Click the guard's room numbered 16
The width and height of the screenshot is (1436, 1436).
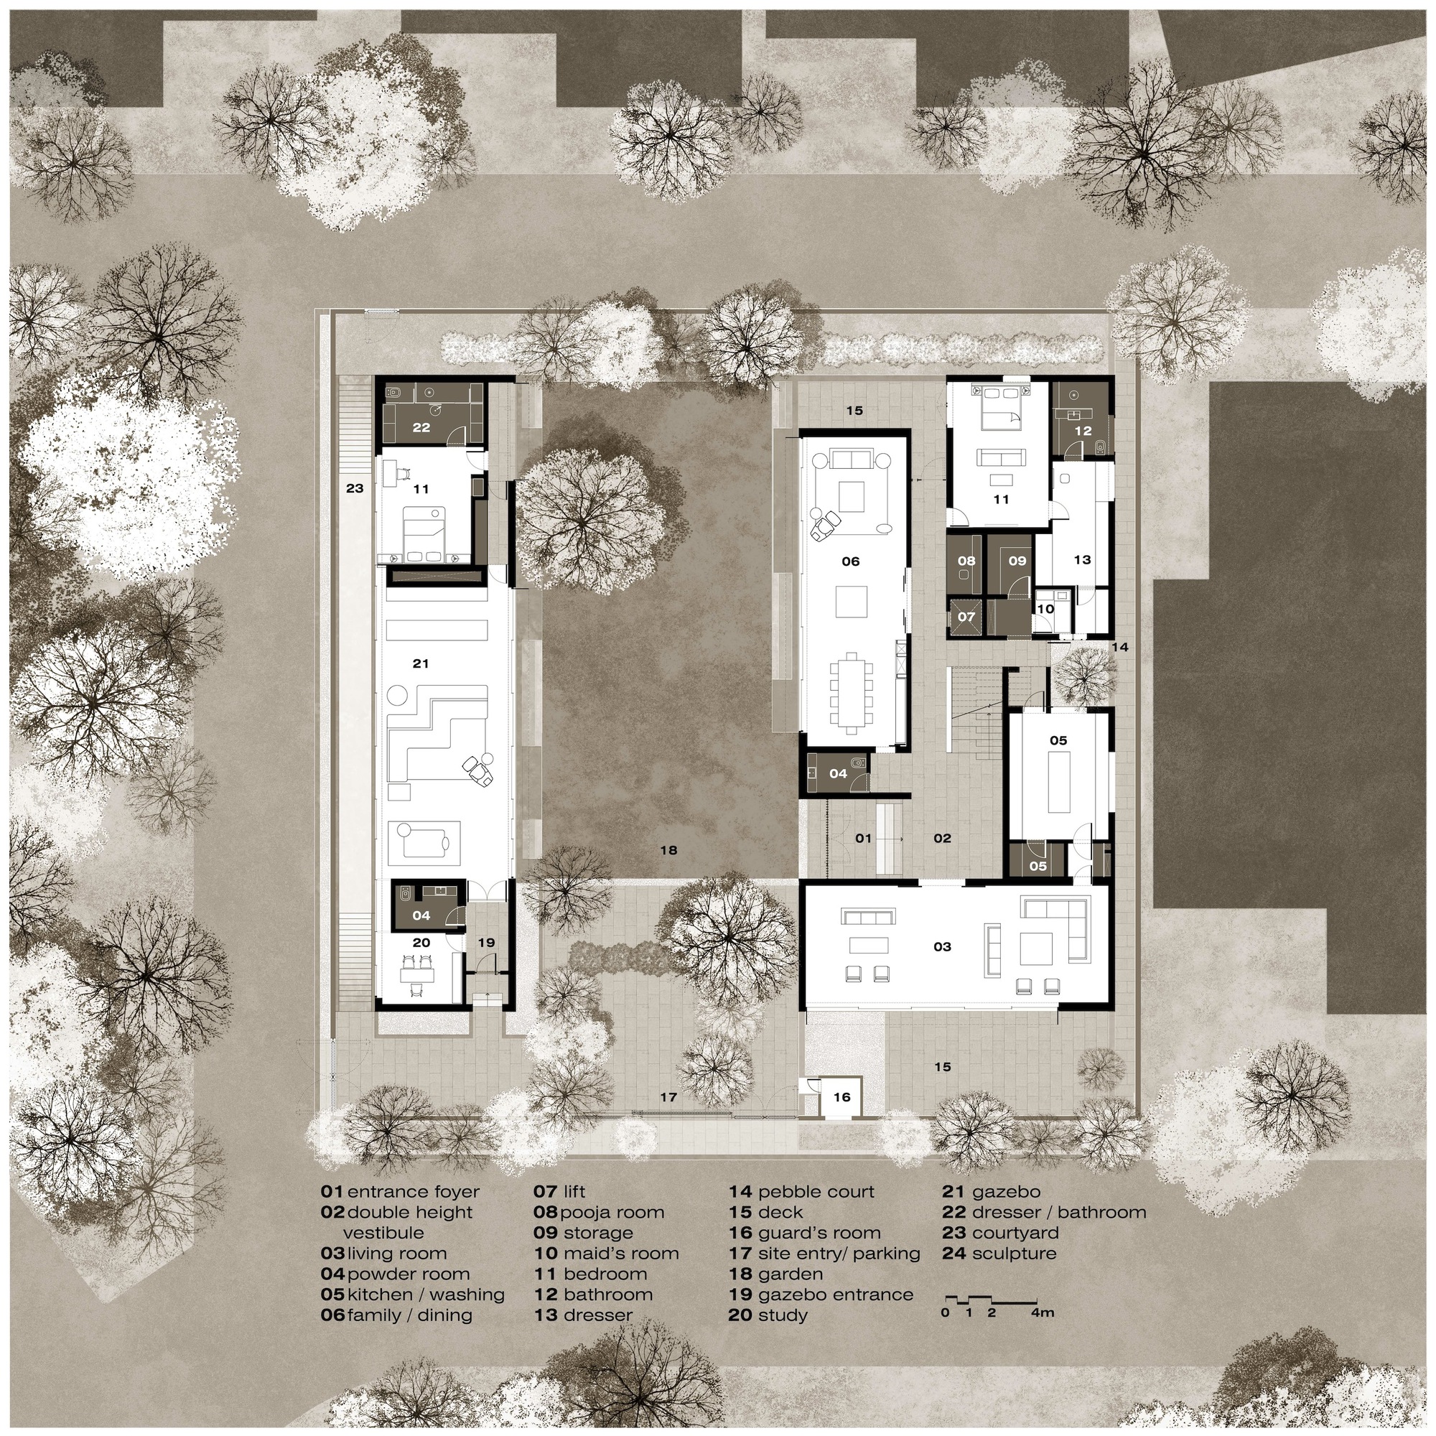[x=841, y=1097]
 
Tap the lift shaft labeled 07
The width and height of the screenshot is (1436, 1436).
[x=966, y=617]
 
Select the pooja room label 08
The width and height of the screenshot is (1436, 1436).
[x=966, y=561]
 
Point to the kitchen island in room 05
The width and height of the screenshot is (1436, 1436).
[x=1059, y=782]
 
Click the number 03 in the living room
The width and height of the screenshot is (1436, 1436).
[x=942, y=947]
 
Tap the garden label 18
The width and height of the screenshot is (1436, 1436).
[x=668, y=850]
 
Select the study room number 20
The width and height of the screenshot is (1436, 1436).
[x=421, y=943]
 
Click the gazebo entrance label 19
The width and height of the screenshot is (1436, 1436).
[x=486, y=943]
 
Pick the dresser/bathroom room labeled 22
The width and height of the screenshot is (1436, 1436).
[x=421, y=428]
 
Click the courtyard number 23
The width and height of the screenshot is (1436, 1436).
[x=355, y=488]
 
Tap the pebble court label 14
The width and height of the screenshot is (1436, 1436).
[x=1119, y=648]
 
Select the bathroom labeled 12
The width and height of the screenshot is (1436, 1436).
[x=1082, y=431]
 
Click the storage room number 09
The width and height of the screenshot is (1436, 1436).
[x=1017, y=561]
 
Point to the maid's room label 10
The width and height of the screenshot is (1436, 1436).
[x=1045, y=609]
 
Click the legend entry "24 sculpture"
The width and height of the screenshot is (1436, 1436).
[x=999, y=1253]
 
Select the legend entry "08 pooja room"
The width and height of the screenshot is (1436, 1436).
[x=599, y=1212]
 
